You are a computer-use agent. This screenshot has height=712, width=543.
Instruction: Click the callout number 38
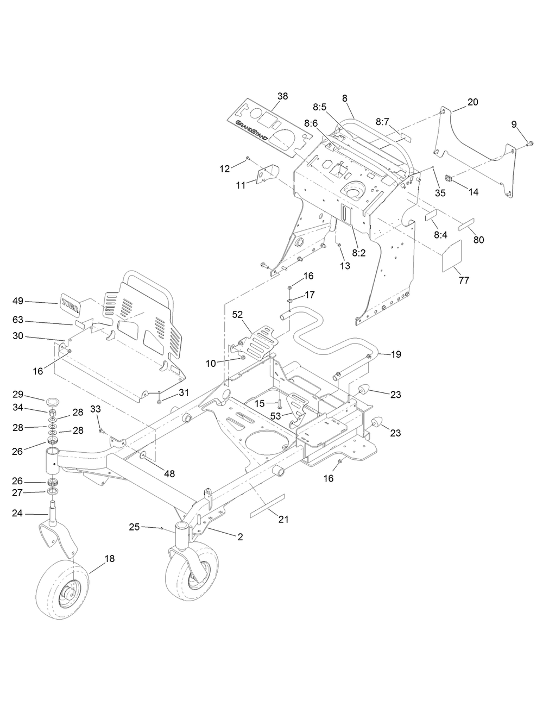coord(282,96)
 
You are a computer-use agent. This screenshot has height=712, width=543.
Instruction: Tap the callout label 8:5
coord(319,107)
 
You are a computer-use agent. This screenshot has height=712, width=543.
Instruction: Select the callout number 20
coord(472,102)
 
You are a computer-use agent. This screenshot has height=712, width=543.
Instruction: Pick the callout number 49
coord(18,301)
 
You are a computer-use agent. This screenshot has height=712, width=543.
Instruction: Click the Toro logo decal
coord(70,305)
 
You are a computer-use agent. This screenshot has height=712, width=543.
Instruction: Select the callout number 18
coord(109,558)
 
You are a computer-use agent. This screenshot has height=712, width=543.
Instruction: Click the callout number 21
coord(283,520)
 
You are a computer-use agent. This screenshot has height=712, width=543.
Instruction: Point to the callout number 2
coord(239,536)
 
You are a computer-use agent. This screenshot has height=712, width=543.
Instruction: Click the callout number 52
coord(237,314)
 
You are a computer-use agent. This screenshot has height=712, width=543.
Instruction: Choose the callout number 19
coord(396,354)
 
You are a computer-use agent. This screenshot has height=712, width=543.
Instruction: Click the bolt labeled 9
coord(528,143)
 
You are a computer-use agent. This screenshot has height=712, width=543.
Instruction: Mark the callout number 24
coord(18,513)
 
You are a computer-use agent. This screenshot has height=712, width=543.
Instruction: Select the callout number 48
coord(169,473)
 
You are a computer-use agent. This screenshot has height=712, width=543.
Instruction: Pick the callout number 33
coord(95,408)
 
